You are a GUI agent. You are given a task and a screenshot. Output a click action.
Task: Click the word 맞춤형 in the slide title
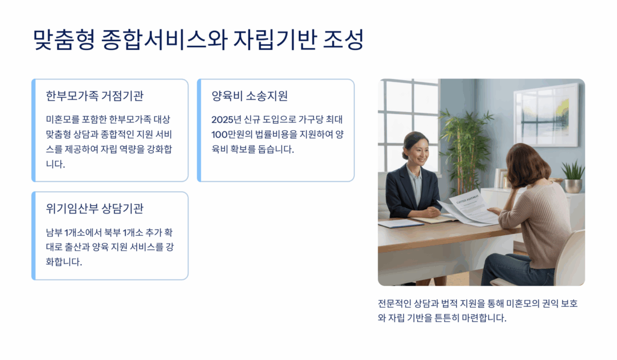pyautogui.click(x=64, y=39)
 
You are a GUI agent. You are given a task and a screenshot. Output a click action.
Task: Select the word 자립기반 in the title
pyautogui.click(x=275, y=39)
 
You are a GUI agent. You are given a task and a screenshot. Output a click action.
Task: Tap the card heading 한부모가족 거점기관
pyautogui.click(x=95, y=96)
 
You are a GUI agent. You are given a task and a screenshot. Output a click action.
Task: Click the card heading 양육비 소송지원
pyautogui.click(x=249, y=96)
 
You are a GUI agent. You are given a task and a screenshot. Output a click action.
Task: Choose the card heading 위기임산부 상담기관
pyautogui.click(x=95, y=209)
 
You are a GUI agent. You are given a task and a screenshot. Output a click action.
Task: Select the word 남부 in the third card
pyautogui.click(x=54, y=232)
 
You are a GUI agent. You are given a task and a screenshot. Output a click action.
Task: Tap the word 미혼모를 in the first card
pyautogui.click(x=63, y=119)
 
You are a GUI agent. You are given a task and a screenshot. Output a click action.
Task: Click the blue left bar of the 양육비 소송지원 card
pyautogui.click(x=199, y=130)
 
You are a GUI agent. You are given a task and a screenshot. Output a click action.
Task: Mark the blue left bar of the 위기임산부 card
pyautogui.click(x=34, y=236)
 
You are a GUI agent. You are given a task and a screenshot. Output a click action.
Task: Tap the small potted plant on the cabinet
pyautogui.click(x=572, y=177)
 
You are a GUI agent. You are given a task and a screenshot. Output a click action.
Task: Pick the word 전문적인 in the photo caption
pyautogui.click(x=395, y=303)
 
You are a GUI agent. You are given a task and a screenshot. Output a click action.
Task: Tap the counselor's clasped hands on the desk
pyautogui.click(x=428, y=213)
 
